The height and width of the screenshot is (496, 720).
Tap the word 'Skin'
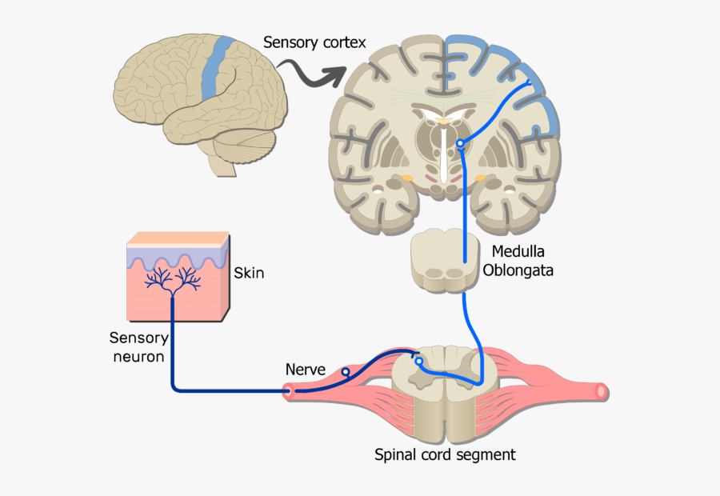(249, 274)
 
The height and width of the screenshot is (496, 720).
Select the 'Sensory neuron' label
(140, 347)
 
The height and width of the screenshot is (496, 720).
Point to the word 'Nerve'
(306, 370)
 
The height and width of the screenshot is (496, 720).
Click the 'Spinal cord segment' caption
(445, 455)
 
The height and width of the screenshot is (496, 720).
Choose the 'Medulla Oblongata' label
(518, 261)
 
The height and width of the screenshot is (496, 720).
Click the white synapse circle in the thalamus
(460, 144)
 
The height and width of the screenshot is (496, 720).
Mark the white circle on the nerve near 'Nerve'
(346, 372)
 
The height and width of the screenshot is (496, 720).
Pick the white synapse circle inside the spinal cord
(418, 362)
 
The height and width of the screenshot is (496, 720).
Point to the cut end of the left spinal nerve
(288, 392)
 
